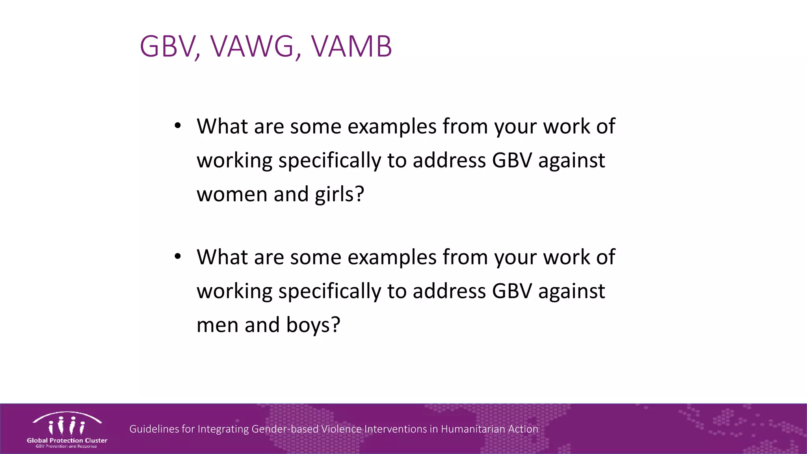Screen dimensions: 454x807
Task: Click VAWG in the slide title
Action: [252, 47]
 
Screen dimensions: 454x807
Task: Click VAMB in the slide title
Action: [351, 47]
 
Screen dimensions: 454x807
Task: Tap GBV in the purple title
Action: [167, 47]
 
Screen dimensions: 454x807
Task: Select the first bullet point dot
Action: [178, 126]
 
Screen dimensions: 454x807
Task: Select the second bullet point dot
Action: [178, 257]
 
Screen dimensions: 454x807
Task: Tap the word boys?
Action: [313, 325]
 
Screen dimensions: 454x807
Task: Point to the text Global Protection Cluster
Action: [67, 440]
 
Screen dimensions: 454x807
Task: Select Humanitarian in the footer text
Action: [473, 429]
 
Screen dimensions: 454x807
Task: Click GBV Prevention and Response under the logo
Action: [66, 447]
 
